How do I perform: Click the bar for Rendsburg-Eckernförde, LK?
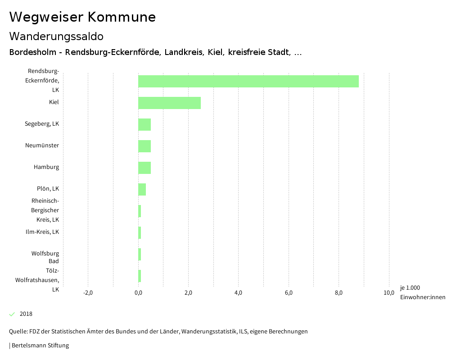(x=249, y=81)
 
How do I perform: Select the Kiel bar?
(x=169, y=103)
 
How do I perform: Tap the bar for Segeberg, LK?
(x=145, y=124)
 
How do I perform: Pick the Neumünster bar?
(x=145, y=146)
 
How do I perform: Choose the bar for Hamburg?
(x=145, y=168)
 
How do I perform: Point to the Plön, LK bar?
(x=142, y=189)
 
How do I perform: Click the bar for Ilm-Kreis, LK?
(x=140, y=232)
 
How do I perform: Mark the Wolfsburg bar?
(x=140, y=254)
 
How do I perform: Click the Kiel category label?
(x=54, y=102)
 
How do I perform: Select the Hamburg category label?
(x=46, y=167)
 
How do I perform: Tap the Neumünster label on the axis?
(x=42, y=146)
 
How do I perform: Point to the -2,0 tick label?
(x=88, y=293)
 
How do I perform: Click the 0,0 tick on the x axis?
(x=138, y=293)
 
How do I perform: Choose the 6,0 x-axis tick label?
(x=289, y=293)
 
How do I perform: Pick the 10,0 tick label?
(x=389, y=293)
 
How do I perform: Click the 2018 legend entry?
(x=26, y=314)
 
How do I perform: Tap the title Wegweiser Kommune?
(x=82, y=17)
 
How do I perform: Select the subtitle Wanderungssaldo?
(x=56, y=36)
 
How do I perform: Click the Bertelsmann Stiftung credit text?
(x=40, y=346)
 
